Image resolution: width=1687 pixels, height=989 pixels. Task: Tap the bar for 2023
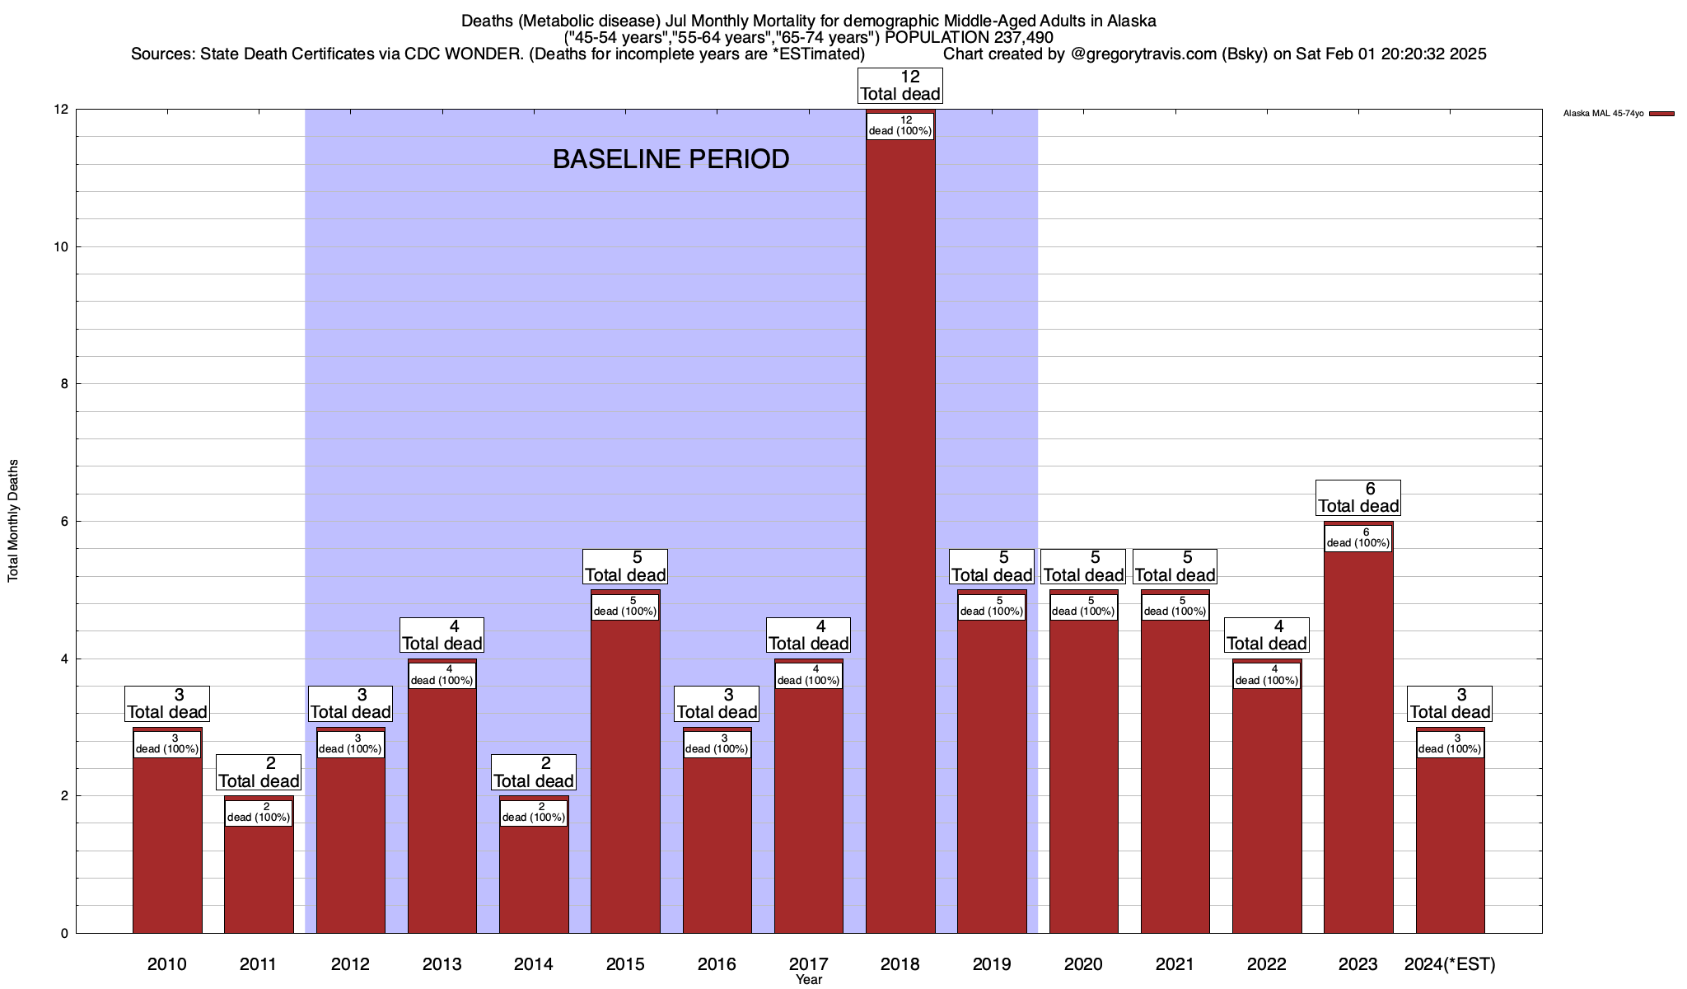[x=1358, y=742]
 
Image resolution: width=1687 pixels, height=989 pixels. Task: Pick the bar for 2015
[x=625, y=775]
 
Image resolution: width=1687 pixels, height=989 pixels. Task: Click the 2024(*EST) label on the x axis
[x=1450, y=963]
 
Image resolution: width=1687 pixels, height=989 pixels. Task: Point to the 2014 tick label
[x=533, y=963]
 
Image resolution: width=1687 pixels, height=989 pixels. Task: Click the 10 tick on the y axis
[x=61, y=247]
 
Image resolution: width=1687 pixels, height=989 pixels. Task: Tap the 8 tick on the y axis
[x=64, y=384]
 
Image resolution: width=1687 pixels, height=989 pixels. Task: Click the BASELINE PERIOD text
[x=671, y=159]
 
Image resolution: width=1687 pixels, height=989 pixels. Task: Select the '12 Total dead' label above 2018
[x=900, y=86]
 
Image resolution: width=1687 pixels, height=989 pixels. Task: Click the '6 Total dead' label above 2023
[x=1358, y=498]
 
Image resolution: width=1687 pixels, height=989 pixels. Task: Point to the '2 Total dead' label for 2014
[x=533, y=773]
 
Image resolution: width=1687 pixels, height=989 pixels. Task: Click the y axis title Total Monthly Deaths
[x=13, y=521]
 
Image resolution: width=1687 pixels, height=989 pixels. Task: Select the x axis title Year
[x=808, y=980]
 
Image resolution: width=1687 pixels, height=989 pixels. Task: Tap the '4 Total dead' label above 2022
[x=1267, y=635]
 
